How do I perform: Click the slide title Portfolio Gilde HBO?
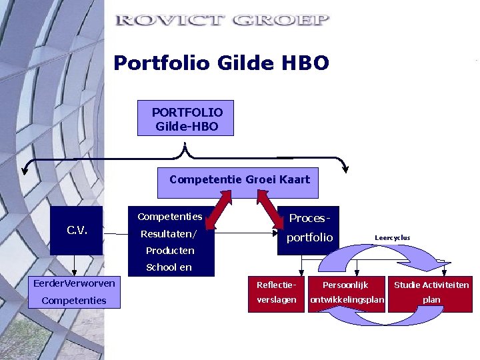pyautogui.click(x=221, y=63)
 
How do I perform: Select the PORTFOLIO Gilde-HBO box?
pyautogui.click(x=186, y=118)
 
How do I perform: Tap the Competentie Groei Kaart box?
pyautogui.click(x=239, y=180)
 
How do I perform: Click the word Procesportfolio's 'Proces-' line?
pyautogui.click(x=309, y=219)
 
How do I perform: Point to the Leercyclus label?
pyautogui.click(x=392, y=237)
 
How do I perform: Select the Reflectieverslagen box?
pyautogui.click(x=276, y=293)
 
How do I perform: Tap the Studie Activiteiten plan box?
pyautogui.click(x=431, y=293)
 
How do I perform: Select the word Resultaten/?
pyautogui.click(x=169, y=234)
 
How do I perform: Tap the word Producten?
pyautogui.click(x=170, y=251)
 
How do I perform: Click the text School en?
pyautogui.click(x=169, y=267)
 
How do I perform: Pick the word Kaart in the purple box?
pyautogui.click(x=295, y=180)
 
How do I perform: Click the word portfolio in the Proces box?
pyautogui.click(x=309, y=237)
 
